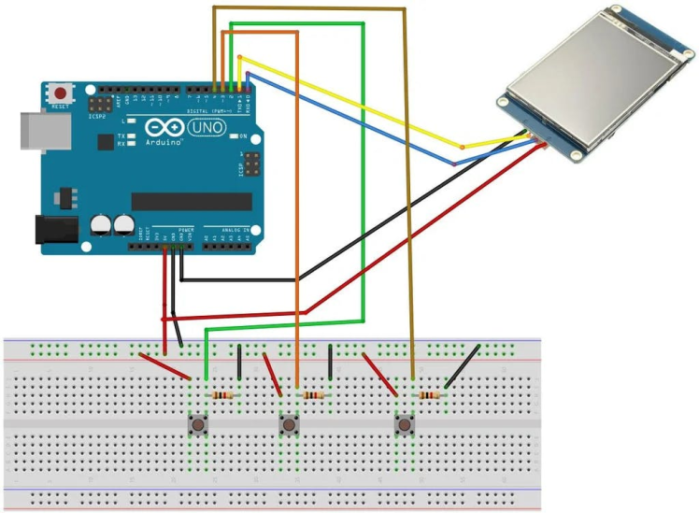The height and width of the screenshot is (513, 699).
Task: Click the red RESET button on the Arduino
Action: pos(62,93)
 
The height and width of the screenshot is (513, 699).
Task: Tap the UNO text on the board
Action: pos(207,127)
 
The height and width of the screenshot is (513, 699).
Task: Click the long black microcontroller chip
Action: pos(192,201)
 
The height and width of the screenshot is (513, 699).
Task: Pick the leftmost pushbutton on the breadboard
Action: pos(198,426)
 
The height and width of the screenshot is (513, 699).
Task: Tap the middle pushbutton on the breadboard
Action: pos(290,426)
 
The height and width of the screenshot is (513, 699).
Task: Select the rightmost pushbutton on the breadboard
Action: pos(404,426)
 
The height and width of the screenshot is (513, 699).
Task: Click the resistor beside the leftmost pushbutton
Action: pos(222,395)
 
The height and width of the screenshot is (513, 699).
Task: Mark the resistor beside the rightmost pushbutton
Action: pos(428,395)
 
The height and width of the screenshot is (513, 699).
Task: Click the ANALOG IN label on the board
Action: pos(234,229)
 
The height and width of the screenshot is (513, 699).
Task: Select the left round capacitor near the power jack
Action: pos(101,224)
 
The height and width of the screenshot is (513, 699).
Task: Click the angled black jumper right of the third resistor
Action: pos(463,366)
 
